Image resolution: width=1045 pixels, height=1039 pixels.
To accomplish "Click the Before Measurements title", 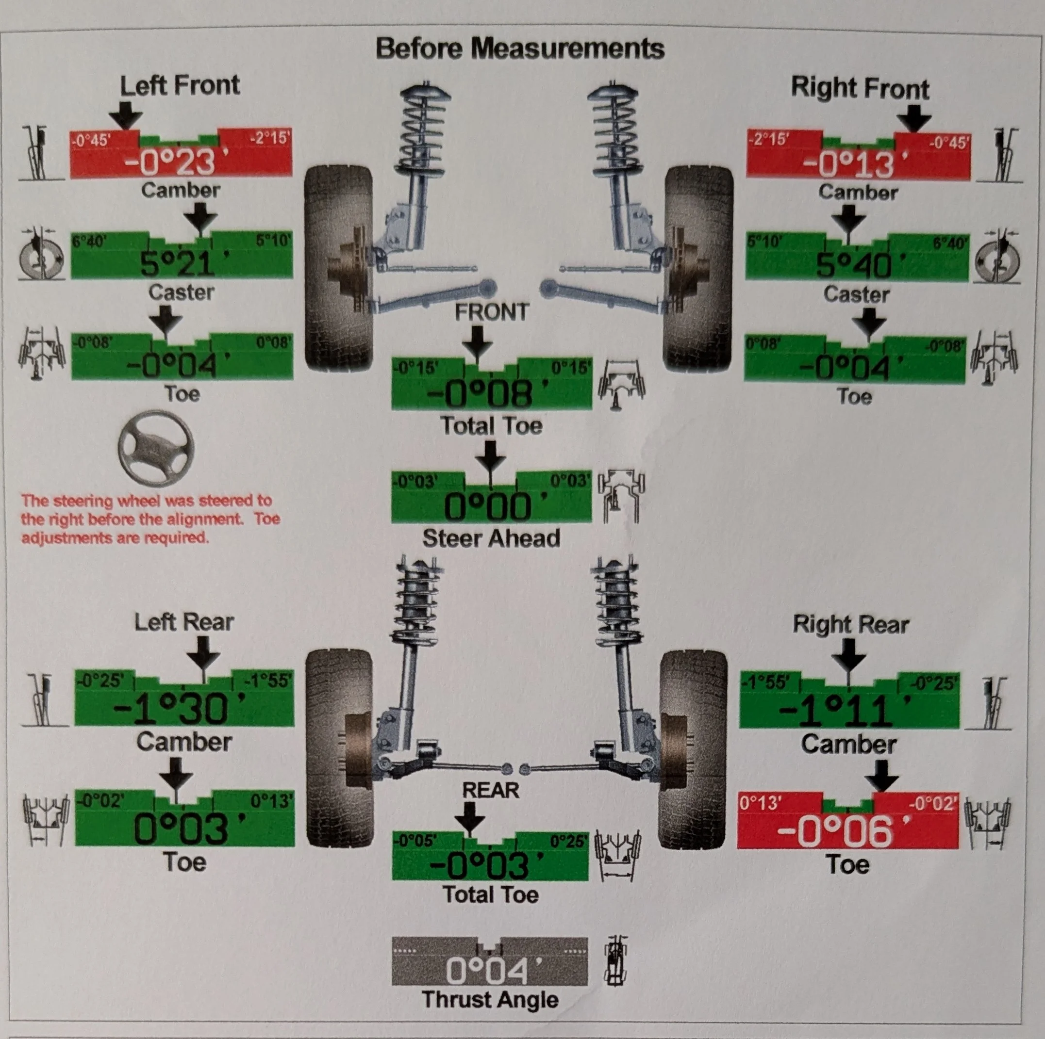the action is click(520, 48).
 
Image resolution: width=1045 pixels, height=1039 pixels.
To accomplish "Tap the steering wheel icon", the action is click(156, 448).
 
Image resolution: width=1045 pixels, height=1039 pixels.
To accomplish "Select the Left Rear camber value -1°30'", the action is click(179, 709).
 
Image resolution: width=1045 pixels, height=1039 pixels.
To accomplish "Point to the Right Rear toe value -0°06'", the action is click(843, 831).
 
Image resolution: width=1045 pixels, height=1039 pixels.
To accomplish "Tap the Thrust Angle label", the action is click(490, 1000).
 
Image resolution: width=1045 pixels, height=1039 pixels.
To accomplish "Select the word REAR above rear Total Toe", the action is click(491, 790).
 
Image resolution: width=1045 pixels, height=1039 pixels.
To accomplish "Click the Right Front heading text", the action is click(860, 88).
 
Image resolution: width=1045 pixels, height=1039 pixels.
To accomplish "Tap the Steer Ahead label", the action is click(491, 538).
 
